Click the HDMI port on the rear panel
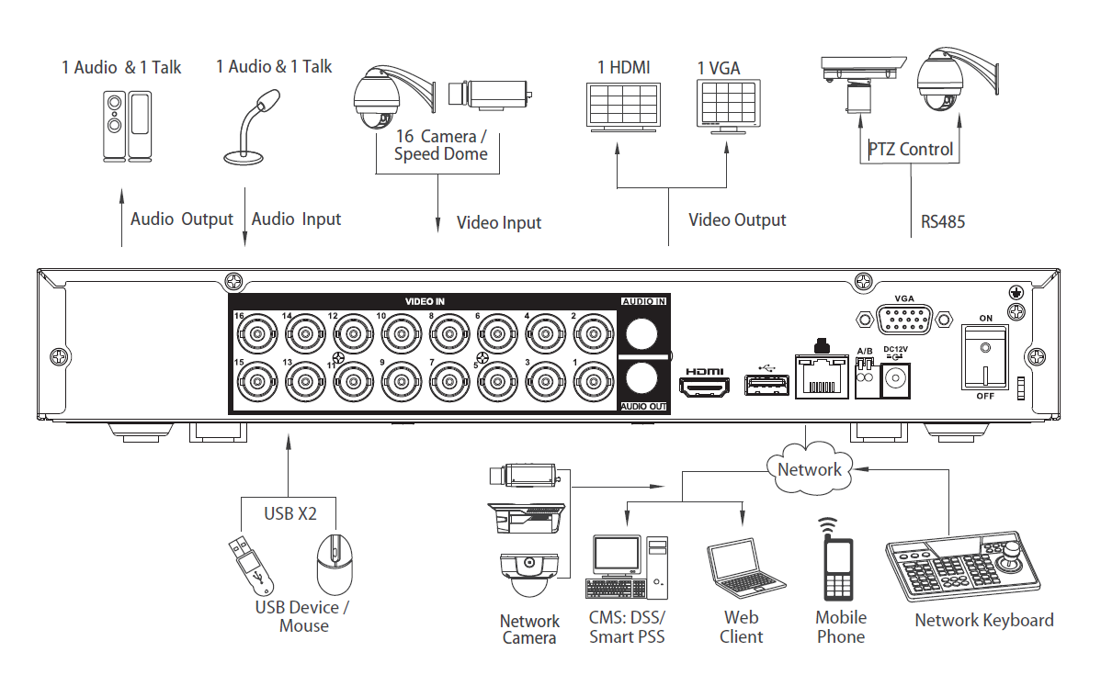[703, 387]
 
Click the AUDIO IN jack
[643, 331]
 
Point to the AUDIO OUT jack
[643, 377]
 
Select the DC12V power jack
[896, 379]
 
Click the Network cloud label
[809, 469]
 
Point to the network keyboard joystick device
[964, 569]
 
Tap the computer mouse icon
[334, 566]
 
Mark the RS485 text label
[942, 221]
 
